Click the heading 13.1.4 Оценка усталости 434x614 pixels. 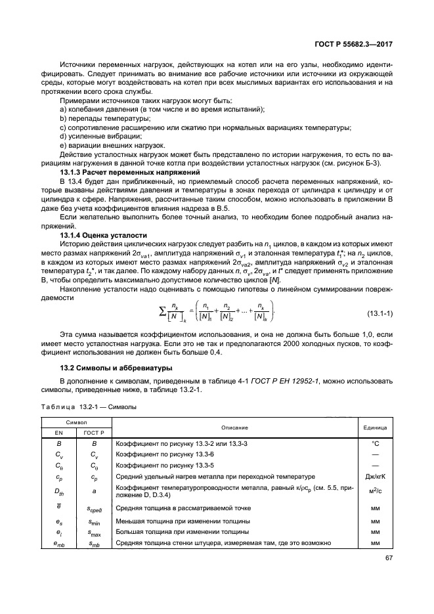[98, 234]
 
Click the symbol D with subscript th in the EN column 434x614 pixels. [59, 491]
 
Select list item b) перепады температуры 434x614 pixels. [96, 118]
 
